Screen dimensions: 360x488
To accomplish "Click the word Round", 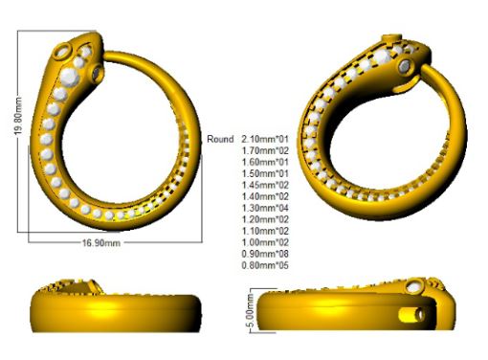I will (220, 139).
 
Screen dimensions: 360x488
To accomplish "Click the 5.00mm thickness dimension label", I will (251, 313).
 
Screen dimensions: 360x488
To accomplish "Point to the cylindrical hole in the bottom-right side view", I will (416, 314).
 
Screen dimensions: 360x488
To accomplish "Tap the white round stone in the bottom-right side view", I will (415, 284).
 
